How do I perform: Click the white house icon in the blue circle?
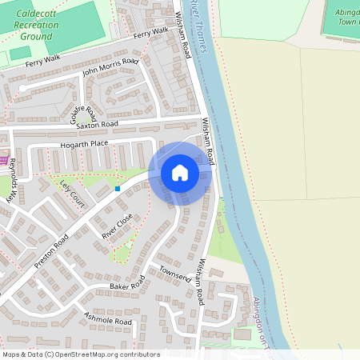pos(180,173)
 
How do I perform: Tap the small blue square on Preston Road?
pos(118,189)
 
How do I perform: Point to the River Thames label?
pos(198,27)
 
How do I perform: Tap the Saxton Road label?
pos(97,125)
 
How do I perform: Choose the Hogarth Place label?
pos(83,144)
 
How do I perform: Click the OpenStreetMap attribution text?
pos(81,354)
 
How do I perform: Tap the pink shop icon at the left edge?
pos(3,161)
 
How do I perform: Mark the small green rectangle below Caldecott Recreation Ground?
pos(19,53)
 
